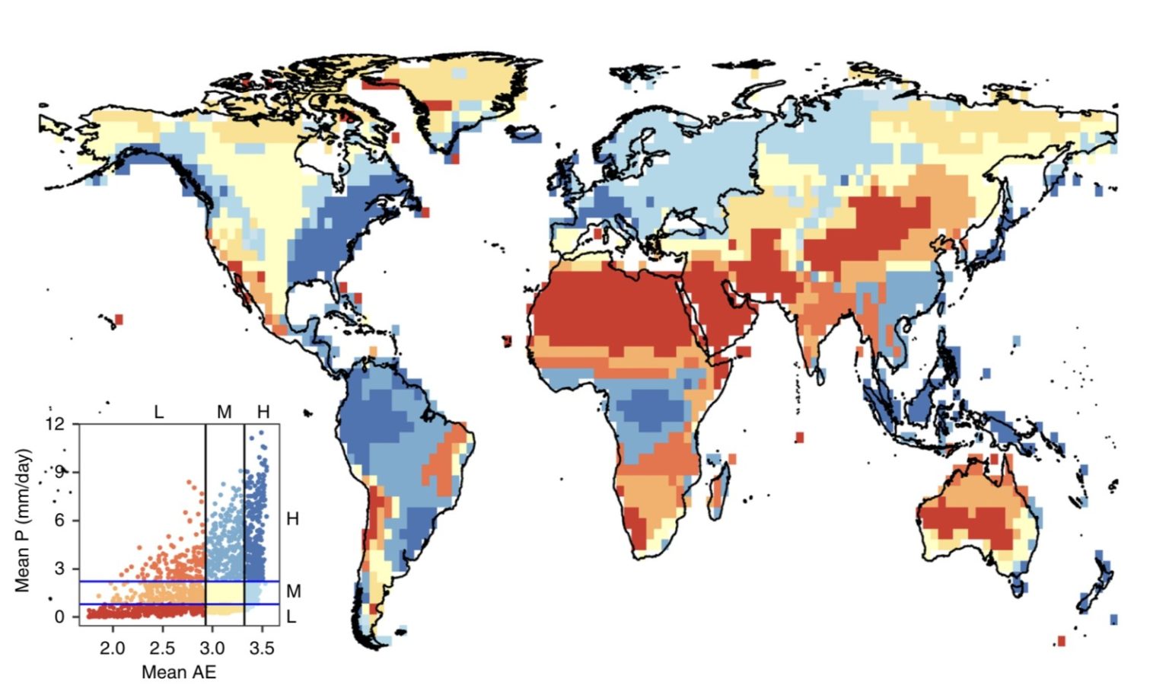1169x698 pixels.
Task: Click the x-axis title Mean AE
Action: point(179,672)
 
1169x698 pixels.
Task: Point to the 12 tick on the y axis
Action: point(56,424)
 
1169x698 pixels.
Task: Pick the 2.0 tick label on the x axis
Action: point(113,649)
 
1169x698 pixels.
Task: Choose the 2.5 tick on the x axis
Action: point(162,649)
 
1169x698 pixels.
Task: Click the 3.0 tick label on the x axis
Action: point(212,649)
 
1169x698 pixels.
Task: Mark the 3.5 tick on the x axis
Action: point(262,649)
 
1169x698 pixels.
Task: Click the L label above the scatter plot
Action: point(158,413)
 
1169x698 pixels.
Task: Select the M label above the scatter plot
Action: point(224,413)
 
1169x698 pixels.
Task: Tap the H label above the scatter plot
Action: point(263,413)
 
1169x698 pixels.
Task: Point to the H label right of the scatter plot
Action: point(292,519)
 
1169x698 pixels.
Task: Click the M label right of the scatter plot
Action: point(294,591)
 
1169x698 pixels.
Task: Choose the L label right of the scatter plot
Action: point(291,617)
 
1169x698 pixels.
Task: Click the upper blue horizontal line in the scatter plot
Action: point(152,582)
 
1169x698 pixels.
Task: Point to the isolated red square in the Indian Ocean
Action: point(799,438)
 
